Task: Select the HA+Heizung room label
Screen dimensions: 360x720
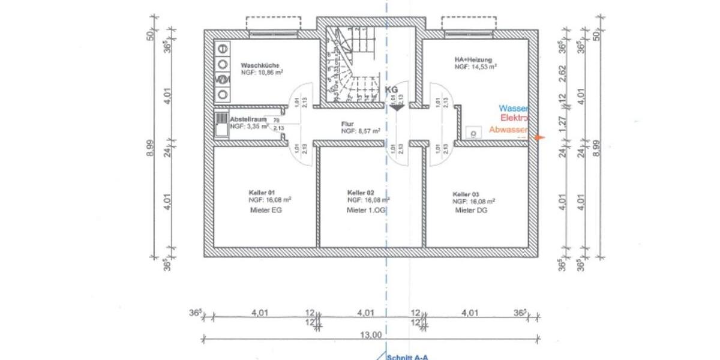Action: pyautogui.click(x=473, y=60)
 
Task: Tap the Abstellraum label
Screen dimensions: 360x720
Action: pyautogui.click(x=248, y=119)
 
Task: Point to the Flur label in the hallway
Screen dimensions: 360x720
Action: pyautogui.click(x=349, y=123)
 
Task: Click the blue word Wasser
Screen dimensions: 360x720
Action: pyautogui.click(x=514, y=109)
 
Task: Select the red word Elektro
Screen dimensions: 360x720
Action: pyautogui.click(x=514, y=119)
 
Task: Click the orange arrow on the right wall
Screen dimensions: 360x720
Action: pyautogui.click(x=540, y=137)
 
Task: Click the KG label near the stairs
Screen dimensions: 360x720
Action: pyautogui.click(x=391, y=89)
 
